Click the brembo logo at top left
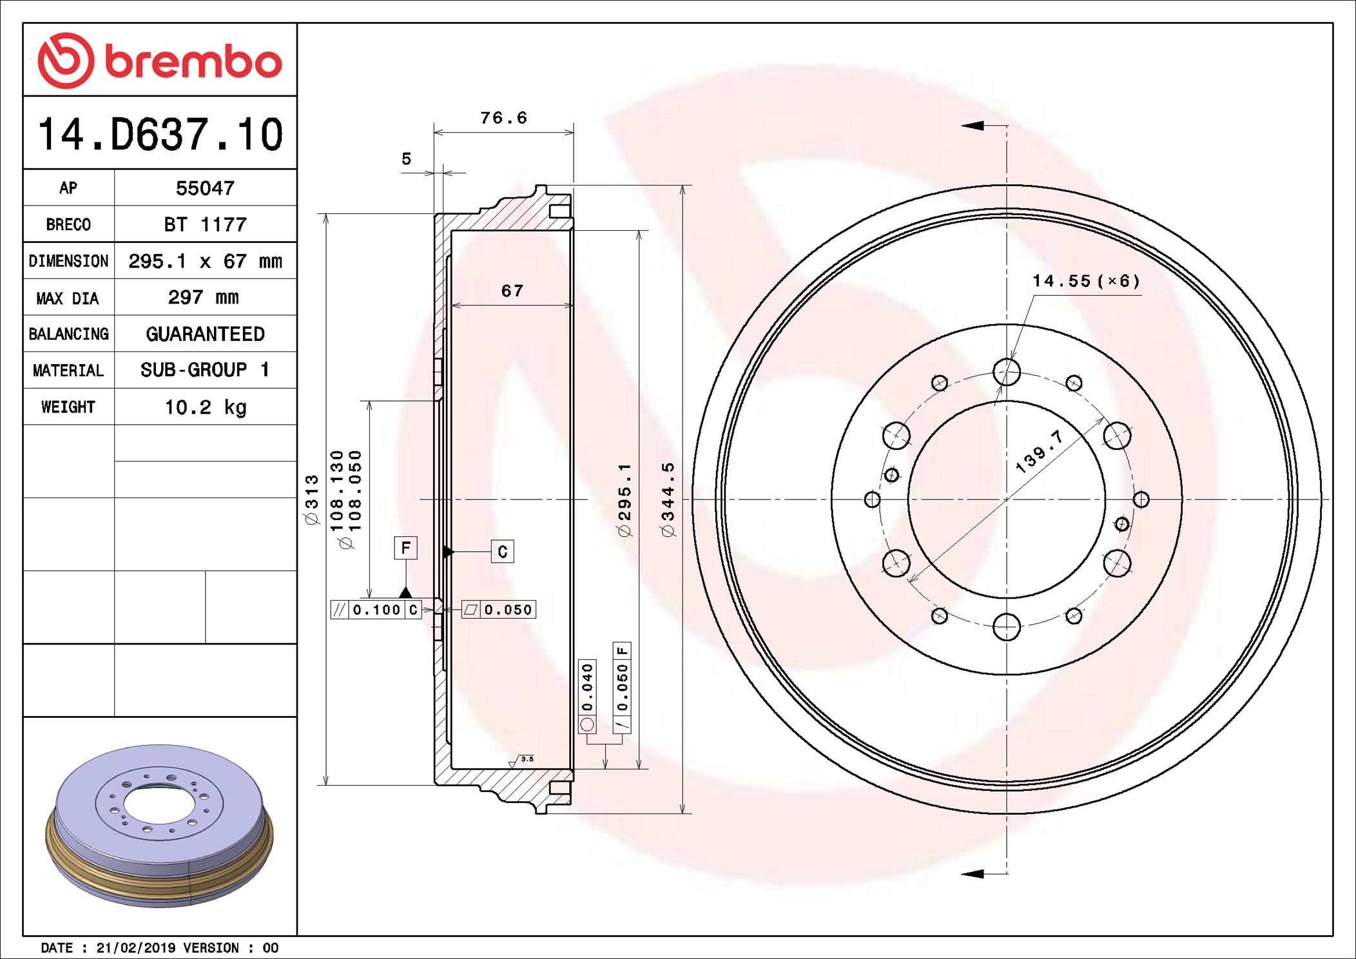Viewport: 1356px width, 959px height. click(160, 61)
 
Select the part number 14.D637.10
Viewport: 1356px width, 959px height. click(160, 135)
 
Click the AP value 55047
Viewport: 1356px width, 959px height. click(205, 188)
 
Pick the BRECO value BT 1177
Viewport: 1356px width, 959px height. click(205, 224)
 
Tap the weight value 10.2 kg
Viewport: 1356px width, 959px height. click(205, 407)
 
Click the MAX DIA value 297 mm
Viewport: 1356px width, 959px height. click(204, 297)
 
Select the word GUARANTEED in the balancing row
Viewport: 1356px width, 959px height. click(205, 334)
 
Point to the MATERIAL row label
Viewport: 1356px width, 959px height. click(68, 371)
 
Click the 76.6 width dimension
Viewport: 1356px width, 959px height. click(503, 118)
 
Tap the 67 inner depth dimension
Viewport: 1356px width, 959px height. click(512, 291)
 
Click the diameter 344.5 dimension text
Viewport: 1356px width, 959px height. click(668, 499)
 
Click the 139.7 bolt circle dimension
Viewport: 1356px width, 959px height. click(1039, 452)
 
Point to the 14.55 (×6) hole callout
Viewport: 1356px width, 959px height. click(1086, 281)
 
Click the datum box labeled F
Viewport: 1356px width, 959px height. click(405, 548)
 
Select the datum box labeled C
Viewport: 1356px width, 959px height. click(502, 552)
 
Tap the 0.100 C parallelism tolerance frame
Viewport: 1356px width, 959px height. click(376, 610)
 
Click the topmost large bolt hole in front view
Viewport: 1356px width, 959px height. click(1006, 372)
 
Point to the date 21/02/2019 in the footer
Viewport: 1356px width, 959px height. click(135, 948)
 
